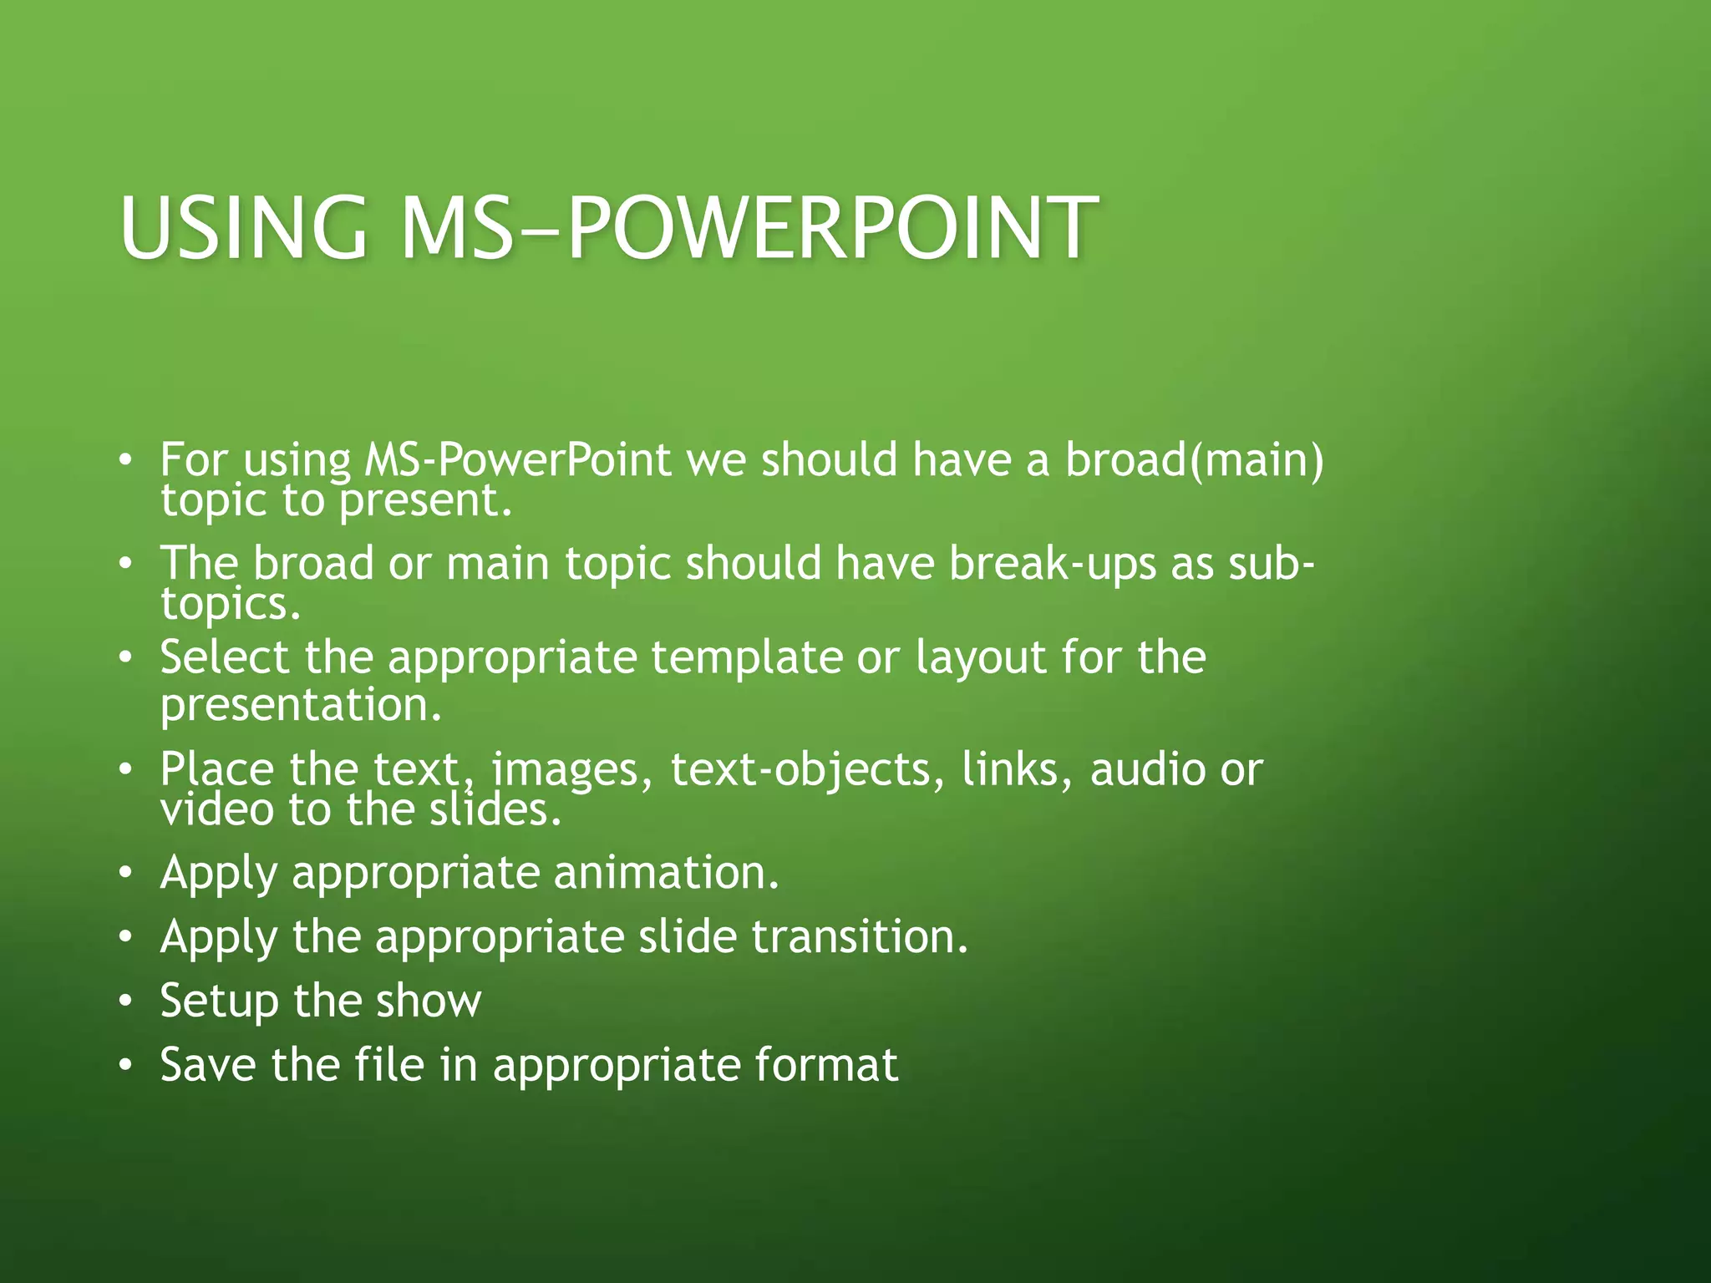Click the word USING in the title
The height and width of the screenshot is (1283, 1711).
click(x=243, y=227)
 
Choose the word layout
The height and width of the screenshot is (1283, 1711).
click(x=981, y=658)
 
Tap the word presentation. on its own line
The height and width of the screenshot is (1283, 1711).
click(x=301, y=705)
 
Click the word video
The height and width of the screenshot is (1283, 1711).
click(x=216, y=809)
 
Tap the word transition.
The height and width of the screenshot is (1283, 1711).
click(x=860, y=936)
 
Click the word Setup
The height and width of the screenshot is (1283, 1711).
click(x=219, y=1001)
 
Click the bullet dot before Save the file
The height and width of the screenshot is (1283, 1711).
click(x=125, y=1065)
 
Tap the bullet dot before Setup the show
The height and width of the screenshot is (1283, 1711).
click(x=125, y=1001)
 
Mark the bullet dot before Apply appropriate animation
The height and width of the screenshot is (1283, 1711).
click(x=125, y=873)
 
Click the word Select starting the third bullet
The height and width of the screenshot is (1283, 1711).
click(x=224, y=658)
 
